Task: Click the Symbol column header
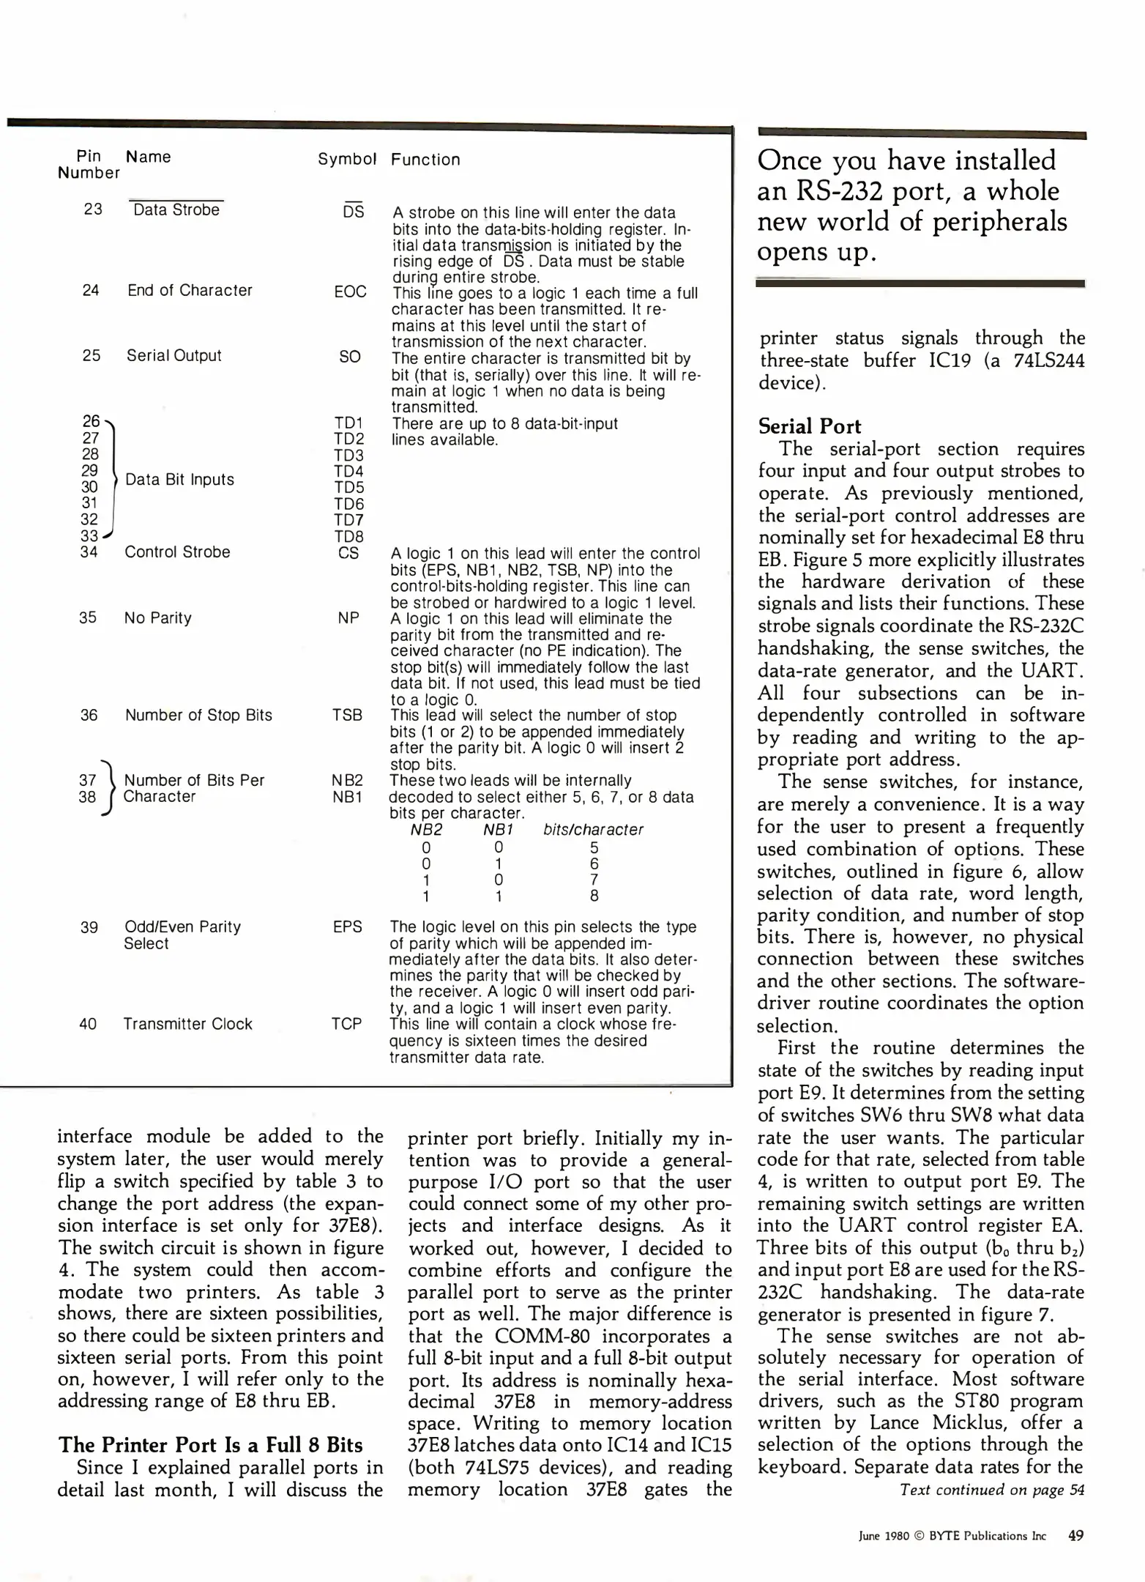pos(347,159)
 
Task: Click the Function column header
pos(425,160)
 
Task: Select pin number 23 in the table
pos(93,209)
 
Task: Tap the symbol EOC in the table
pos(350,291)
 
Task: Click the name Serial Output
pos(174,355)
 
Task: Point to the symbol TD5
pos(348,487)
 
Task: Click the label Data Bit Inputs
pos(179,480)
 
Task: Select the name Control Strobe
pos(177,552)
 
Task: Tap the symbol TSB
pos(347,715)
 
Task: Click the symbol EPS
pos(347,926)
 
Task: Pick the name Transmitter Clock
pos(187,1024)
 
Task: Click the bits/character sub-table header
pos(593,830)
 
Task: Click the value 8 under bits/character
pos(594,896)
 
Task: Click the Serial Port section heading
pos(809,426)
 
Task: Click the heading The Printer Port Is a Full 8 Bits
pos(210,1445)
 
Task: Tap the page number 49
pos(1075,1536)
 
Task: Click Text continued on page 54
pos(991,1490)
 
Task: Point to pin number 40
pos(88,1024)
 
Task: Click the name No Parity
pos(157,618)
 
